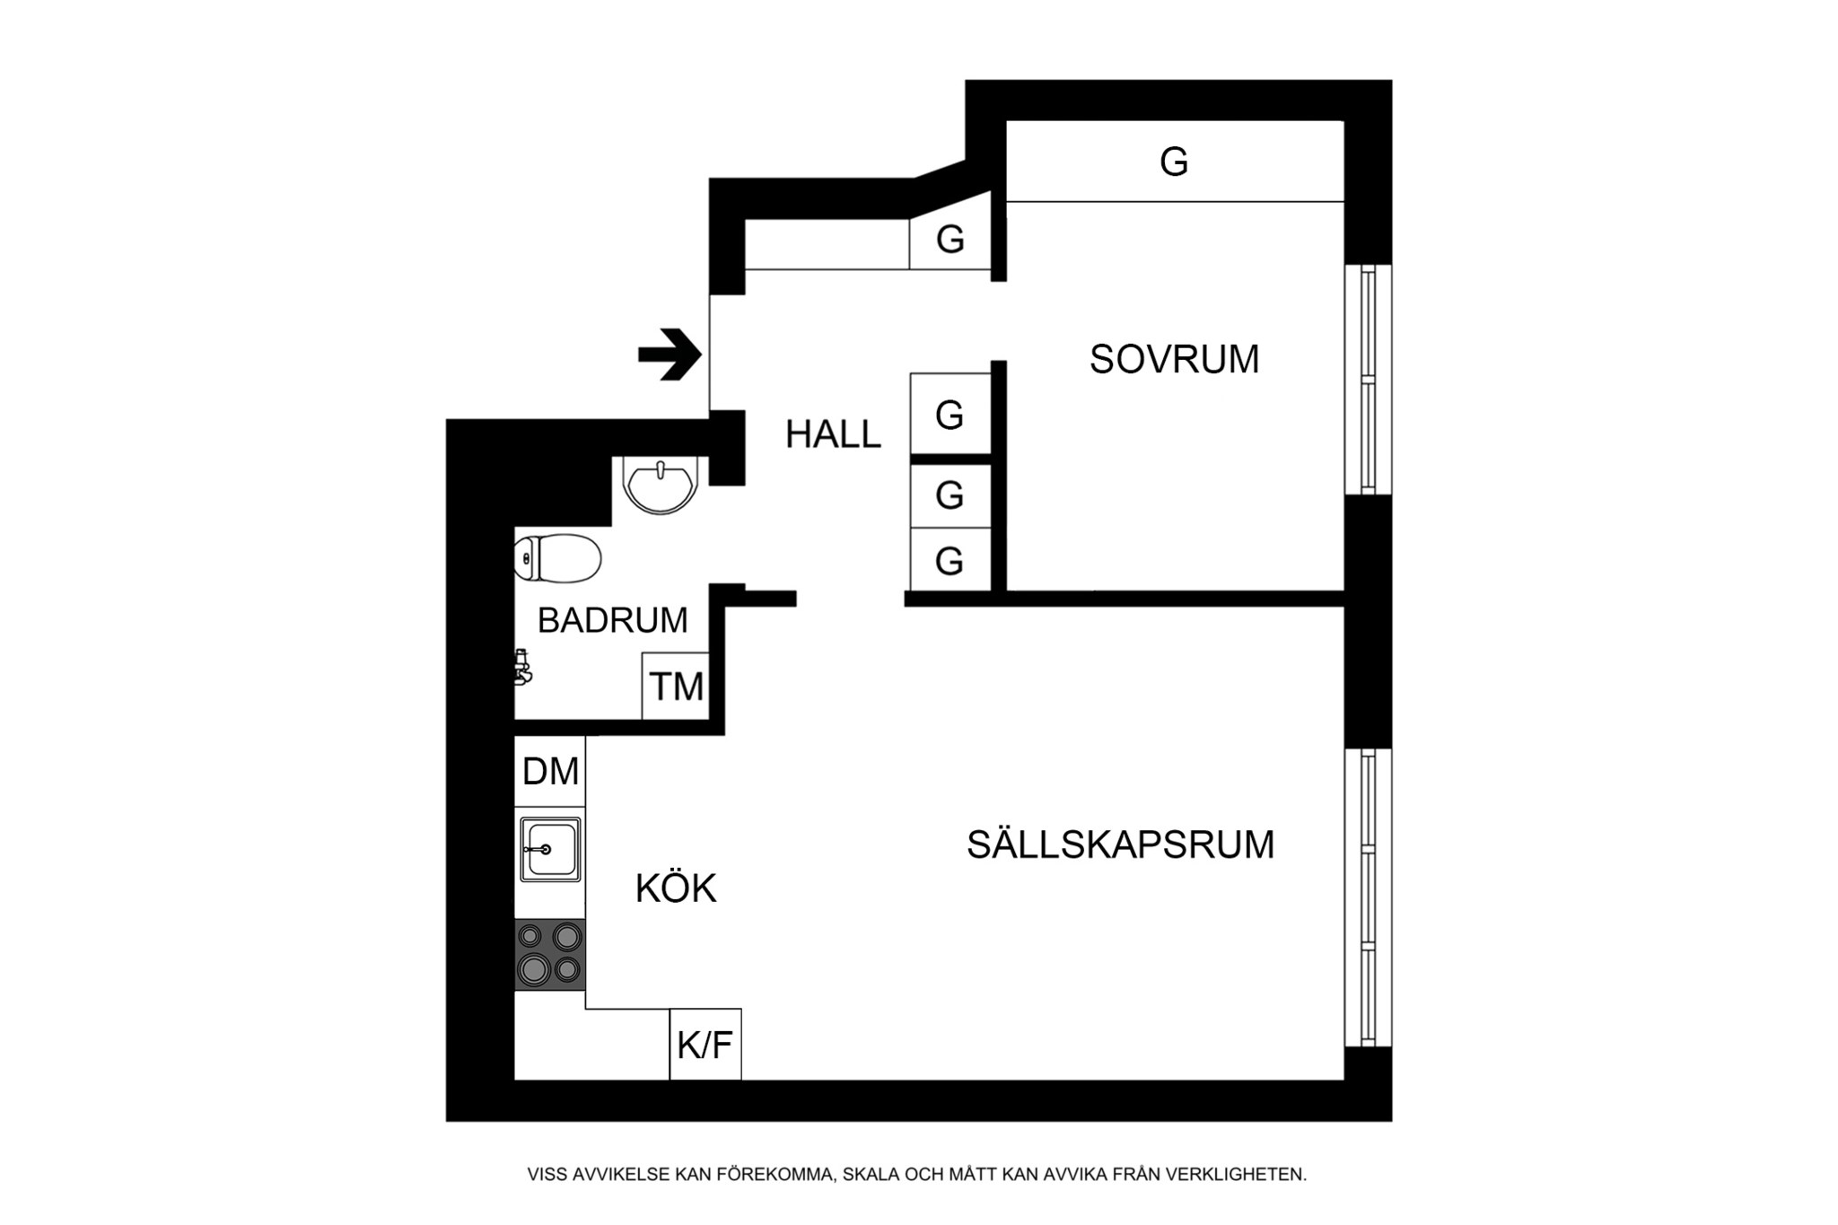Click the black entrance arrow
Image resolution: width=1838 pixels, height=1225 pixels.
(670, 354)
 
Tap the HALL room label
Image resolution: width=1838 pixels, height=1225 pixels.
(833, 435)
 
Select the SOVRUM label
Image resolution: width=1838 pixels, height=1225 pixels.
(1174, 360)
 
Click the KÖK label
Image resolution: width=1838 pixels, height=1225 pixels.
(676, 889)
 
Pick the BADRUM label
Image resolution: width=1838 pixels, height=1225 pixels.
(612, 620)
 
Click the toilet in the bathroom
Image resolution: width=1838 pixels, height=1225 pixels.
(557, 558)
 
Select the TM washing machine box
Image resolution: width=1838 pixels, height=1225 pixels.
(676, 687)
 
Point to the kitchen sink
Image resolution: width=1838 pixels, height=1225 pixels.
(550, 849)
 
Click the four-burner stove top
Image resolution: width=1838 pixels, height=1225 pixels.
(550, 954)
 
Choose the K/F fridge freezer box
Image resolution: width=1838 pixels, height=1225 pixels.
(705, 1045)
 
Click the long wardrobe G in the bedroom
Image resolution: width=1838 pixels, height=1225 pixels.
(1174, 162)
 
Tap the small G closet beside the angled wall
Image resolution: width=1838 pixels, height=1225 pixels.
(950, 240)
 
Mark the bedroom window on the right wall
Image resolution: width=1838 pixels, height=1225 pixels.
(1368, 379)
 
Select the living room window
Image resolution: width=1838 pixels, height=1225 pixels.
(1368, 897)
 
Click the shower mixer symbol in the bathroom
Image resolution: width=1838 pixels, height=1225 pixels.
(521, 668)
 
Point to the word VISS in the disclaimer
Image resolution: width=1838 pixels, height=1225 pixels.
(546, 1174)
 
